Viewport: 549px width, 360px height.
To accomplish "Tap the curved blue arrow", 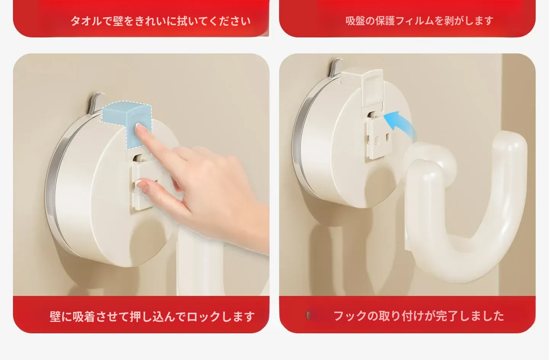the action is pyautogui.click(x=402, y=124).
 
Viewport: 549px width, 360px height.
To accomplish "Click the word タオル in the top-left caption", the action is pyautogui.click(x=86, y=21).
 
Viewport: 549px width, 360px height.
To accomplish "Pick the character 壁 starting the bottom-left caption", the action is pyautogui.click(x=55, y=317).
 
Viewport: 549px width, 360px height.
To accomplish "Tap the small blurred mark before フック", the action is pyautogui.click(x=315, y=316).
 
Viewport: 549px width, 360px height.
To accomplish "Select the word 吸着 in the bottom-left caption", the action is pyautogui.click(x=83, y=317).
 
